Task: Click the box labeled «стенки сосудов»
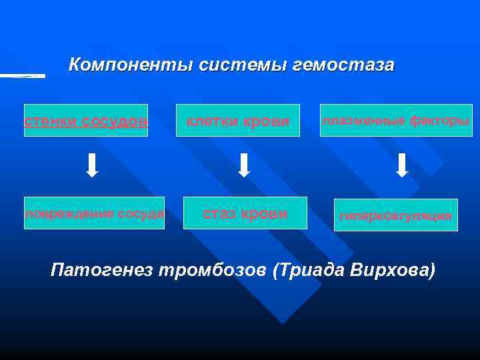pyautogui.click(x=86, y=121)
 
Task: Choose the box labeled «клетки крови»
pyautogui.click(x=238, y=121)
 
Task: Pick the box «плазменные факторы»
pyautogui.click(x=396, y=121)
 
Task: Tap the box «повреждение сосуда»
pyautogui.click(x=94, y=213)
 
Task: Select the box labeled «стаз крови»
pyautogui.click(x=245, y=213)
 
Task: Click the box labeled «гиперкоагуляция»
pyautogui.click(x=396, y=215)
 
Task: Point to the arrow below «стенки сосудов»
pyautogui.click(x=93, y=165)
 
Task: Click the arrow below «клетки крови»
pyautogui.click(x=245, y=165)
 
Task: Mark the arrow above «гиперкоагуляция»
pyautogui.click(x=403, y=165)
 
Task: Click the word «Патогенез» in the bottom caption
pyautogui.click(x=99, y=270)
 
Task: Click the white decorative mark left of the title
pyautogui.click(x=23, y=76)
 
